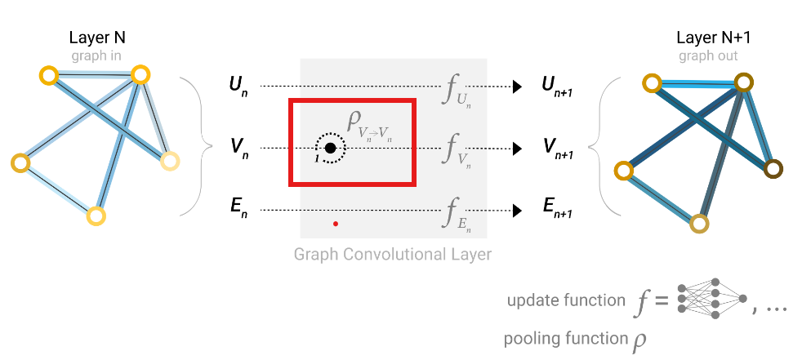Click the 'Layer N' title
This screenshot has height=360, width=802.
click(x=97, y=38)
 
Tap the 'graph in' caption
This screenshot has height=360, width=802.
click(x=96, y=56)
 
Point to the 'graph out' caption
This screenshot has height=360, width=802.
click(x=708, y=56)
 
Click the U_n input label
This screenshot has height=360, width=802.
click(x=238, y=87)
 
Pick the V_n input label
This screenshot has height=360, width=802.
click(x=239, y=149)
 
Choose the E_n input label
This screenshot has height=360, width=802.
click(x=238, y=210)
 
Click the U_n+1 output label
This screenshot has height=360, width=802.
click(x=556, y=87)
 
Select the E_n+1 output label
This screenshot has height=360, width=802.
click(x=557, y=210)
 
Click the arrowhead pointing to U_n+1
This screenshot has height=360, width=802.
click(x=517, y=87)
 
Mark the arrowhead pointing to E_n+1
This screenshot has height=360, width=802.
click(x=517, y=210)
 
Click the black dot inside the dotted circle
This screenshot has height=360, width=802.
click(x=331, y=149)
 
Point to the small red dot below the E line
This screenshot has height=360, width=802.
click(x=336, y=224)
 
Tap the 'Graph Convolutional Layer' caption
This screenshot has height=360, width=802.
click(x=392, y=254)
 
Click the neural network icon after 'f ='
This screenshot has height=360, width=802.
click(x=712, y=299)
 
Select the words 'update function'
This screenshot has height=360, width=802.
click(x=566, y=300)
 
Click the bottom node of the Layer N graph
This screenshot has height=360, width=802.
click(x=96, y=216)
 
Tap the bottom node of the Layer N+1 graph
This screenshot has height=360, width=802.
click(x=699, y=224)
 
